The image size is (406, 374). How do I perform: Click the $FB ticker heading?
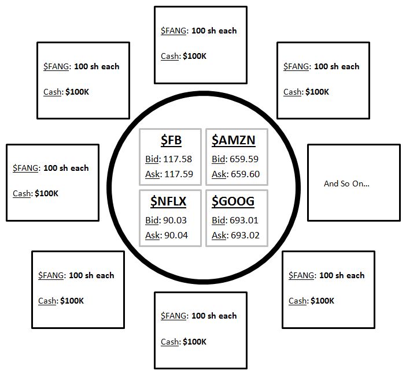(x=171, y=140)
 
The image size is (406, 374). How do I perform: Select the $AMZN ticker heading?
(x=234, y=140)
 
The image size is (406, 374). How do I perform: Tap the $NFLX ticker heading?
(x=168, y=201)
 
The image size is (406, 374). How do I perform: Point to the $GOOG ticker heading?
(x=233, y=201)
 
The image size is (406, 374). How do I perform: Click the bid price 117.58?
(x=178, y=159)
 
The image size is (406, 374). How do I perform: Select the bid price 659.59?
(x=244, y=159)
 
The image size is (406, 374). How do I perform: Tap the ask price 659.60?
(x=245, y=174)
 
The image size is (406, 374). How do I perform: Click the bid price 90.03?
(x=175, y=220)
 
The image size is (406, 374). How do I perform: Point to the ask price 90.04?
(x=176, y=235)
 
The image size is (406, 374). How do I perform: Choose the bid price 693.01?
(x=244, y=220)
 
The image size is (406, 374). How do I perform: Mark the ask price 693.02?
(x=245, y=235)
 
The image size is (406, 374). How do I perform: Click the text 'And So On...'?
(x=346, y=184)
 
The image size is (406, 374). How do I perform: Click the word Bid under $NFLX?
(x=152, y=220)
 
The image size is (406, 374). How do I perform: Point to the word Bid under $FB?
(x=152, y=159)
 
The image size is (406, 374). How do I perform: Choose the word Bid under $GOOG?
(x=219, y=220)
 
